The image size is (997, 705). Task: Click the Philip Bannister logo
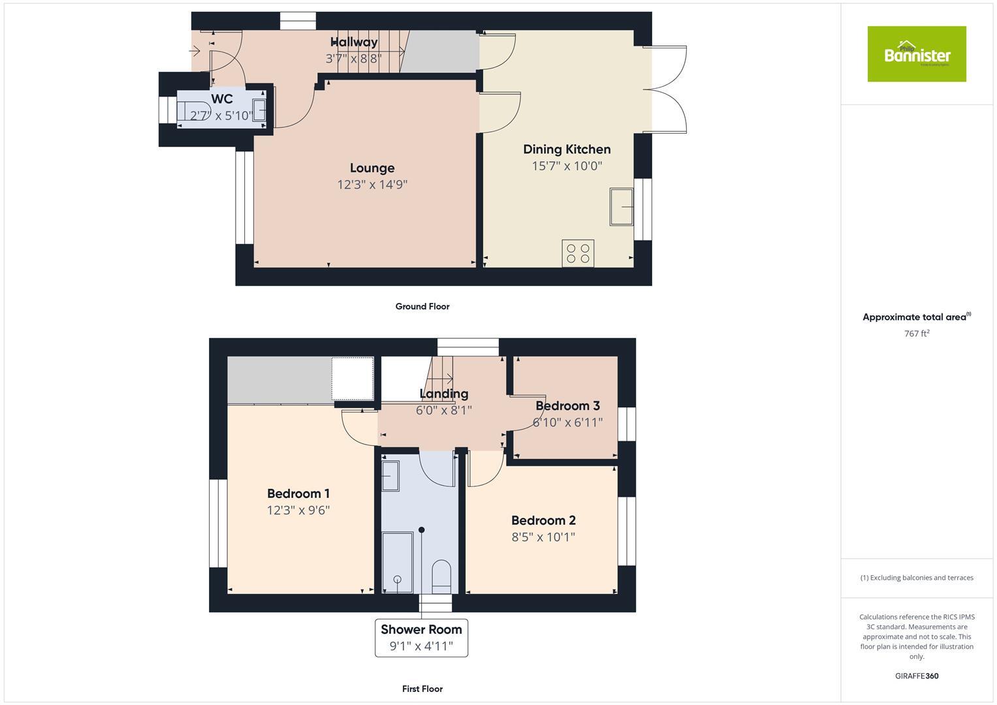coord(916,54)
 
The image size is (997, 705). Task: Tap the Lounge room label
coord(372,168)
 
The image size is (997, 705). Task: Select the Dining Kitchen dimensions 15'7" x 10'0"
coord(567,166)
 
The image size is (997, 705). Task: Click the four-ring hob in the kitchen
coord(578,253)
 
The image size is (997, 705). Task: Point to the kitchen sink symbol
coord(622,206)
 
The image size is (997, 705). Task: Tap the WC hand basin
coord(259,111)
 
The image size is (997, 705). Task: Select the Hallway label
coord(354,42)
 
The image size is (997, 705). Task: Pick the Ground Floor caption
coord(422,306)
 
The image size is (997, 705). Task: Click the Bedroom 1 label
coord(298,493)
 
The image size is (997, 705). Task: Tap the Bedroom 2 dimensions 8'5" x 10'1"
coord(543,537)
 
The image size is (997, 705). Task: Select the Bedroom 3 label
coord(567,406)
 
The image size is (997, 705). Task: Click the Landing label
coord(444,394)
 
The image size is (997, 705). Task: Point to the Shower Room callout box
coord(421,638)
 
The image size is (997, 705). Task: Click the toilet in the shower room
coord(442,574)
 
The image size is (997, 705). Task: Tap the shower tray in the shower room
coord(397,562)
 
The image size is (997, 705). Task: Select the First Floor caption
coord(422,689)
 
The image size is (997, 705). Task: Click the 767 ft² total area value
coord(917,334)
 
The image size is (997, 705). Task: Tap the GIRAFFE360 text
coord(917,676)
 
